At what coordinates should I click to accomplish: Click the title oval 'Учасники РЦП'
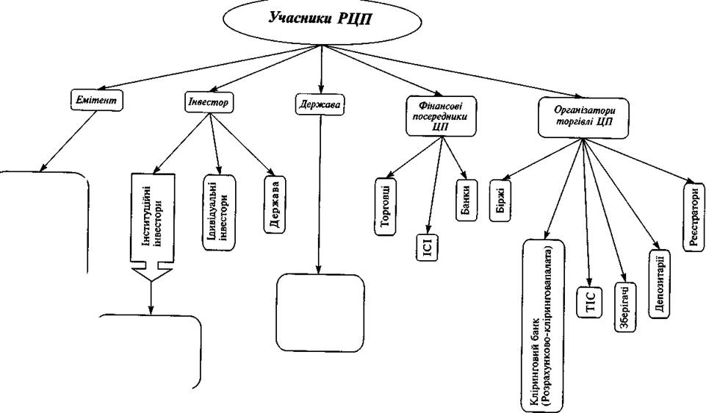click(x=322, y=23)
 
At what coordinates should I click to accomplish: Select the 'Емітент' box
click(x=97, y=99)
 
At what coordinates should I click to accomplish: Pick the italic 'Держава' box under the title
click(x=320, y=104)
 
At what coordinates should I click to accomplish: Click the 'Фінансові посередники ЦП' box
click(x=441, y=116)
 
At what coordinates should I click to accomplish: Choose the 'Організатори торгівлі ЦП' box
click(x=583, y=117)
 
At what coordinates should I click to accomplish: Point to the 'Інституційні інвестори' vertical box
click(x=152, y=218)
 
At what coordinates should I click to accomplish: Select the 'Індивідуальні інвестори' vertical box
click(x=219, y=212)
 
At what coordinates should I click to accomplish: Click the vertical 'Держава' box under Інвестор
click(x=274, y=204)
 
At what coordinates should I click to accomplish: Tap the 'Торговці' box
click(x=386, y=206)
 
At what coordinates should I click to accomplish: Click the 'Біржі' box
click(x=500, y=201)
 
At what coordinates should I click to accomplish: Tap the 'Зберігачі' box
click(x=626, y=307)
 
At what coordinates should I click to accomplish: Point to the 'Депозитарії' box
click(x=660, y=284)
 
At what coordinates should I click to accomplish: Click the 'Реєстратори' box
click(x=694, y=217)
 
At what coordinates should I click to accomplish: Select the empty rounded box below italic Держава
click(x=320, y=313)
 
